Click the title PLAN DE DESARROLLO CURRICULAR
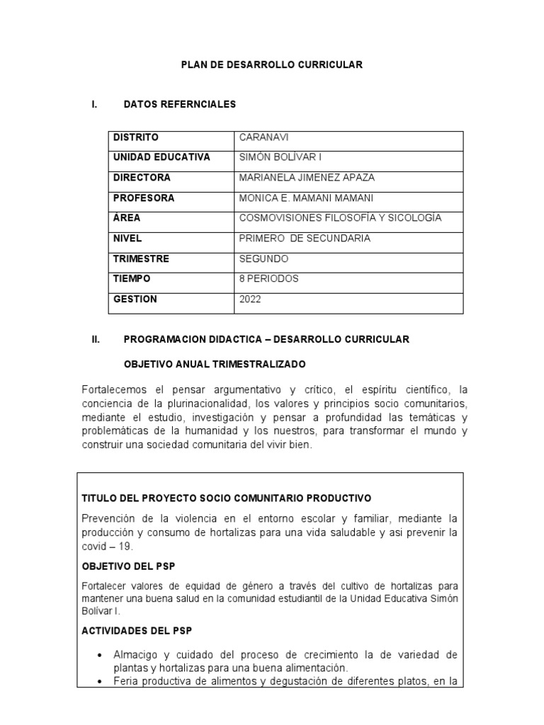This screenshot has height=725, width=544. pyautogui.click(x=271, y=64)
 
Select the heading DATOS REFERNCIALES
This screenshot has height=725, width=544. pyautogui.click(x=179, y=105)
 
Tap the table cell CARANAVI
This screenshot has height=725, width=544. pyautogui.click(x=264, y=137)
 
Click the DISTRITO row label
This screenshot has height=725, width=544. pyautogui.click(x=136, y=137)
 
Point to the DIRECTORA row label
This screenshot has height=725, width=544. pyautogui.click(x=142, y=178)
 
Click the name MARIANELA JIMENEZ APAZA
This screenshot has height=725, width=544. pyautogui.click(x=307, y=178)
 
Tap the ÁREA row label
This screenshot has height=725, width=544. pyautogui.click(x=127, y=218)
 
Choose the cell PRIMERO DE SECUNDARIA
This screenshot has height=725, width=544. pyautogui.click(x=305, y=239)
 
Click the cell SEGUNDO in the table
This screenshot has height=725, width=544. pyautogui.click(x=265, y=259)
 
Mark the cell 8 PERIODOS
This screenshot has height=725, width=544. pyautogui.click(x=269, y=279)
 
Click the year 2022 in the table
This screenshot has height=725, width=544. pyautogui.click(x=251, y=299)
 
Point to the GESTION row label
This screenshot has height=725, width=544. pyautogui.click(x=135, y=299)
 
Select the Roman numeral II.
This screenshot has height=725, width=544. pyautogui.click(x=96, y=340)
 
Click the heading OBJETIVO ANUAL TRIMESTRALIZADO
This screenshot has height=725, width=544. pyautogui.click(x=215, y=365)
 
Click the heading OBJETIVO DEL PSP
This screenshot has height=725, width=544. pyautogui.click(x=129, y=567)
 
